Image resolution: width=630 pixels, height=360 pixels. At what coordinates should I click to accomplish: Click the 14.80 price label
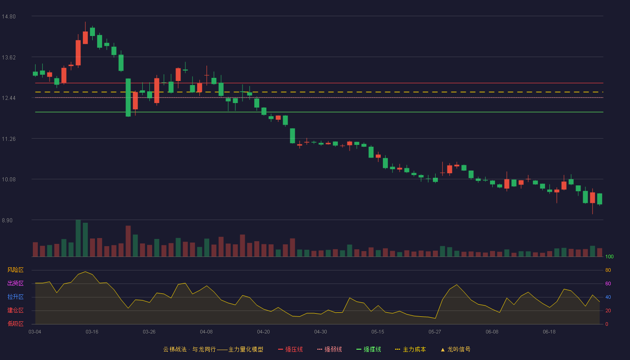coord(9,17)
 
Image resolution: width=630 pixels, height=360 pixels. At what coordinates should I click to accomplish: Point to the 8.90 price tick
coord(7,220)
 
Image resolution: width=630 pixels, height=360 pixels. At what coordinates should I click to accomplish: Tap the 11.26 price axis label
coord(9,139)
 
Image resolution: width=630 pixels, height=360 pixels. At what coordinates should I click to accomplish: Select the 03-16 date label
coord(92,332)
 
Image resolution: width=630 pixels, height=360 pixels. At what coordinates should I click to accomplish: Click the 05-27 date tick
coord(435,332)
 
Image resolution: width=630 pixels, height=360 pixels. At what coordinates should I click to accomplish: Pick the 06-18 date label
coord(549,332)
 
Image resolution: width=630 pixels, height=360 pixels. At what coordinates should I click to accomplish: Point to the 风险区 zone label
coord(15,270)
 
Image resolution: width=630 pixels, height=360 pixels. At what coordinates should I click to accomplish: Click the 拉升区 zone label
coord(15,297)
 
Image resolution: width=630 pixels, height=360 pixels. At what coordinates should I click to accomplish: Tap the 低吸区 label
coord(15,324)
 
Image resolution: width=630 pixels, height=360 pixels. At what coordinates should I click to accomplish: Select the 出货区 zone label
coord(15,283)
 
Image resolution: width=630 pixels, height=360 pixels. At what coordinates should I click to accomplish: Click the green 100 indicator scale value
coord(609,256)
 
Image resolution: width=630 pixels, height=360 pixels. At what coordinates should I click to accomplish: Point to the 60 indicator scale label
coord(608,283)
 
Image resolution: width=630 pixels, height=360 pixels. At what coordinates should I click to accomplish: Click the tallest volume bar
coord(78,238)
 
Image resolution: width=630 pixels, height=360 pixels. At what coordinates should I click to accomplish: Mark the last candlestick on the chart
coord(599,199)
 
